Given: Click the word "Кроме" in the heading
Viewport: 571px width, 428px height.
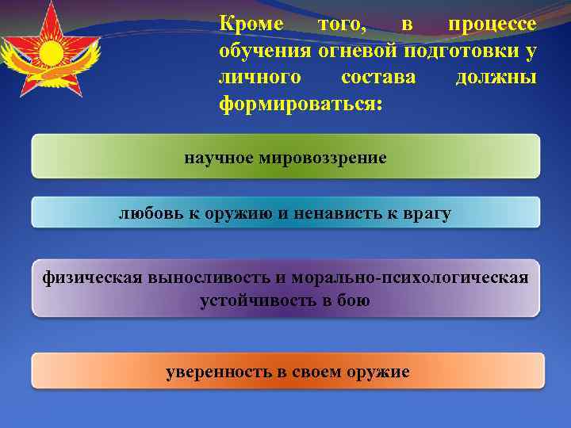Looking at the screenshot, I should pos(251,25).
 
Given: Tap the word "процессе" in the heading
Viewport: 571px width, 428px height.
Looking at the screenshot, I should pos(492,25).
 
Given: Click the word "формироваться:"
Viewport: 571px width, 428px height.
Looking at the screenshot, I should pos(300,104).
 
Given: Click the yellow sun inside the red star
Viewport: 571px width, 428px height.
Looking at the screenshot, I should pos(51,54).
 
